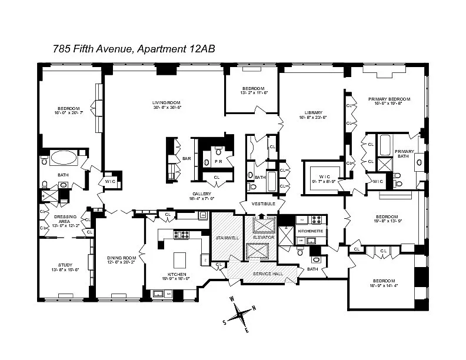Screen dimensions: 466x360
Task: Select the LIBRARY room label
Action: coord(313,113)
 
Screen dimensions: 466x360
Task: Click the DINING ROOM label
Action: coord(121,258)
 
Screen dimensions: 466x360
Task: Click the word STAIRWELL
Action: coord(227,238)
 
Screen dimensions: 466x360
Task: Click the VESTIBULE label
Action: coord(263,204)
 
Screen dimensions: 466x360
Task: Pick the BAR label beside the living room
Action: coord(187,158)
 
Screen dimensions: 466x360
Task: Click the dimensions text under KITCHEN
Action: coord(177,279)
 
